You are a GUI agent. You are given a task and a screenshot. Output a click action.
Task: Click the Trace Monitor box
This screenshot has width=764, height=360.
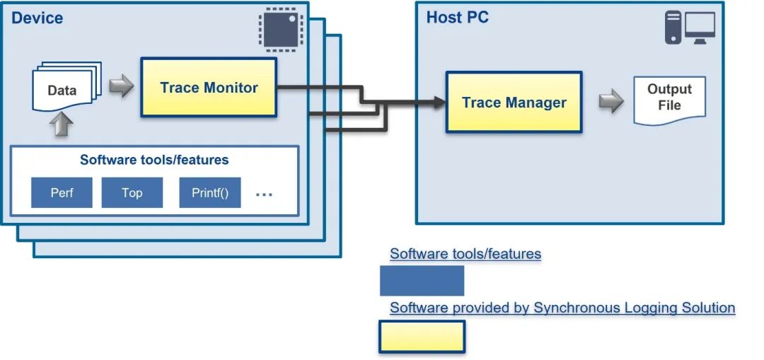coord(209,88)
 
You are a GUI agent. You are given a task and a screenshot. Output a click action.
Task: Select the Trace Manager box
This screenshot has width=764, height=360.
coord(514,103)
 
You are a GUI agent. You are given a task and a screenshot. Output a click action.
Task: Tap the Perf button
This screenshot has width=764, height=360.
coord(62,192)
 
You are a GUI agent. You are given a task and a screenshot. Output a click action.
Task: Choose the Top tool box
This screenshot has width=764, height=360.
coord(132,192)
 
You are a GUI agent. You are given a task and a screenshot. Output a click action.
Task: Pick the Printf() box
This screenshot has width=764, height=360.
coord(210,192)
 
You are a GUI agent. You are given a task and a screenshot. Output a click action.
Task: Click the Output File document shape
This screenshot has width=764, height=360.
coord(668,100)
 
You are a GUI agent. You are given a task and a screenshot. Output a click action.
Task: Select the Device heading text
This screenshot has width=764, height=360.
coord(37,18)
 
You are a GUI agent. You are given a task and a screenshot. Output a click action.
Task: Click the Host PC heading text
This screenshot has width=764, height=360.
coord(457,18)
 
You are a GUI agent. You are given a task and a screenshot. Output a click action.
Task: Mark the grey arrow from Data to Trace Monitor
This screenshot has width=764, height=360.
coord(121,88)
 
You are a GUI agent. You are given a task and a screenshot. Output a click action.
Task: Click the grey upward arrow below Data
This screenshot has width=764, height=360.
coord(62,125)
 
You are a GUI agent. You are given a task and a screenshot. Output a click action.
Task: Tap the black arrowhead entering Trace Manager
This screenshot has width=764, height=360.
coord(439,103)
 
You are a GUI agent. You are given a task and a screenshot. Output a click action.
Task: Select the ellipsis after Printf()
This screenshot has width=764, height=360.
coord(263,194)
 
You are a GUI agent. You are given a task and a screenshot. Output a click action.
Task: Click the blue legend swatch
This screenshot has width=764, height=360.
coord(422,281)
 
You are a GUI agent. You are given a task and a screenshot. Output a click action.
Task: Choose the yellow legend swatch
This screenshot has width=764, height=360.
coord(422,336)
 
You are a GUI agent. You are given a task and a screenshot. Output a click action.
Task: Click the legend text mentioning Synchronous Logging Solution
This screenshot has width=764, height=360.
coord(562,308)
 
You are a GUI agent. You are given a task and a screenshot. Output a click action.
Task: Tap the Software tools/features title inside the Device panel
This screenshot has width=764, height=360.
coord(154,160)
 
